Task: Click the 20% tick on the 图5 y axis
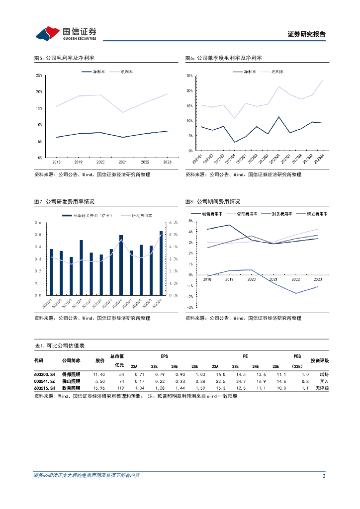39,92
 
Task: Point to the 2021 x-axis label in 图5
122,162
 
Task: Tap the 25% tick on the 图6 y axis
189,76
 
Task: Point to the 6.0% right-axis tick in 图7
174,223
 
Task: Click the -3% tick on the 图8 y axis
189,307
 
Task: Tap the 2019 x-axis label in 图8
229,279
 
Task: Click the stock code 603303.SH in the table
44,374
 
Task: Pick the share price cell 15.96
99,388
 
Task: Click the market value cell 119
120,388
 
